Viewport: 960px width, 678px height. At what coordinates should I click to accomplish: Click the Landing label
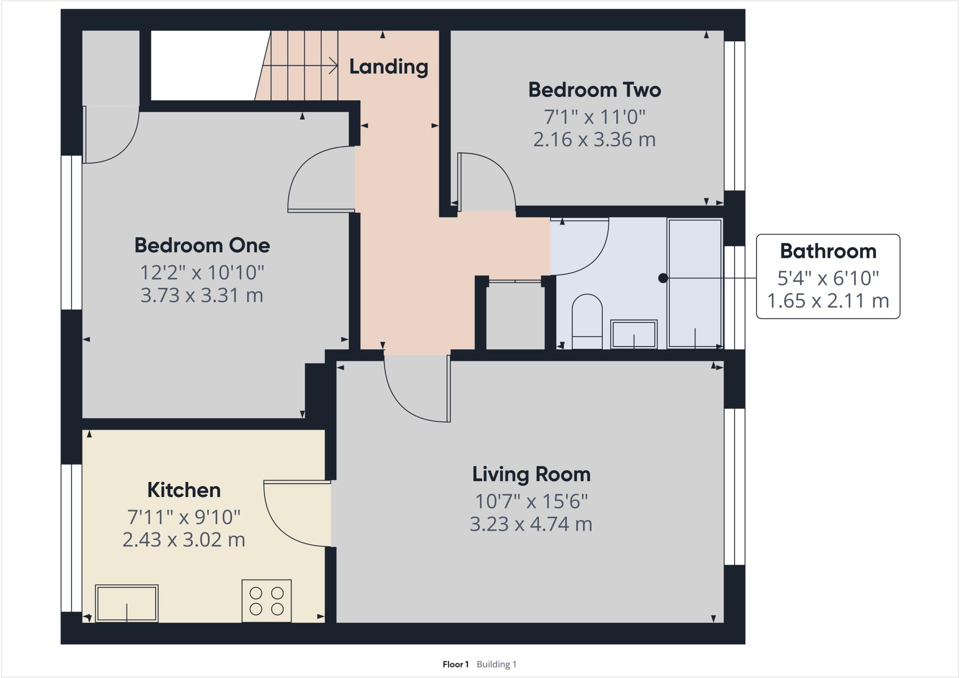click(x=389, y=67)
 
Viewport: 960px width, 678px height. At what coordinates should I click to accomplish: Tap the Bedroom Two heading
click(x=594, y=90)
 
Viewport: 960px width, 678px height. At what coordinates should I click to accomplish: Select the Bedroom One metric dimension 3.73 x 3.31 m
click(x=202, y=295)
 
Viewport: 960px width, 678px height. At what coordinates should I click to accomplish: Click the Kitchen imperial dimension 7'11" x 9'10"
click(x=184, y=517)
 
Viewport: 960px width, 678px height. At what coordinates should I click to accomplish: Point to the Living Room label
click(x=531, y=474)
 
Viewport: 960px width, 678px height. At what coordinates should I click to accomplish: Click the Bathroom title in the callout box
click(x=828, y=251)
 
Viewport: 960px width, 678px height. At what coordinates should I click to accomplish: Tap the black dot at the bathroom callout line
click(x=663, y=278)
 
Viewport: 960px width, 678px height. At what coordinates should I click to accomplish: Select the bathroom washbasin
click(x=634, y=334)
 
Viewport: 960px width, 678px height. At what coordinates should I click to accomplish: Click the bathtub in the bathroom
click(x=695, y=284)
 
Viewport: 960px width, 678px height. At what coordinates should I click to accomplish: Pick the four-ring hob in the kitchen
click(x=266, y=601)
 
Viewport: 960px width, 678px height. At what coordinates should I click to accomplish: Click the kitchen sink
click(x=127, y=603)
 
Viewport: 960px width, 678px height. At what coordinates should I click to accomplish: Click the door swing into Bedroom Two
click(x=487, y=181)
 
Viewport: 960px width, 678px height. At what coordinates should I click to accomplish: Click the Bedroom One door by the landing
click(x=319, y=181)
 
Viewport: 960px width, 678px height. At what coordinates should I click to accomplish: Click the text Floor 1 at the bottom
click(x=455, y=664)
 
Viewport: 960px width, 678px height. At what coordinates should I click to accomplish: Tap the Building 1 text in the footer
click(x=496, y=664)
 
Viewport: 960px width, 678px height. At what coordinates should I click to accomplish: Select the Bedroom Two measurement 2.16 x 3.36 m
click(x=594, y=140)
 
